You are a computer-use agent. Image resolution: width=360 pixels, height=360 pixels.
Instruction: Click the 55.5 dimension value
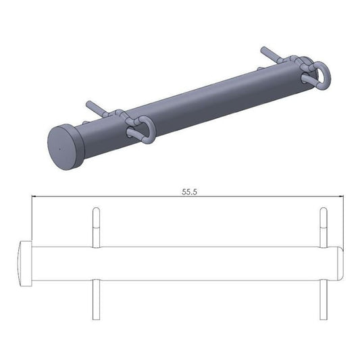point(189,192)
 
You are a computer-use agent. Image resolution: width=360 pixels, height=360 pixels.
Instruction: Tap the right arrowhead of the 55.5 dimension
point(342,197)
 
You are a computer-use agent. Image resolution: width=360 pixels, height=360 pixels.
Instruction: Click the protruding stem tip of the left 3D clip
point(90,104)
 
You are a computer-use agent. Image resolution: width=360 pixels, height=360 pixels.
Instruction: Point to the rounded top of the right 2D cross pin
point(323,210)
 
